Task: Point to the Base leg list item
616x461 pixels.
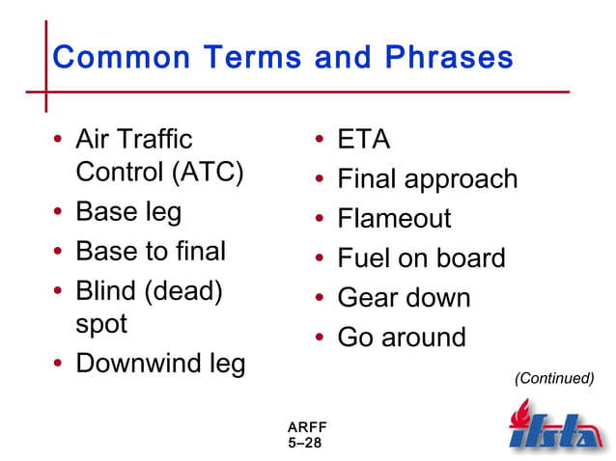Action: pyautogui.click(x=128, y=212)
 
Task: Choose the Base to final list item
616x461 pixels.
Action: pyautogui.click(x=151, y=252)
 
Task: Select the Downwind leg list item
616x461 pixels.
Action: pyautogui.click(x=160, y=364)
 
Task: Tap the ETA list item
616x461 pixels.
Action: pyautogui.click(x=364, y=141)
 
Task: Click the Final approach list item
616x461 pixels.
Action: pyautogui.click(x=428, y=179)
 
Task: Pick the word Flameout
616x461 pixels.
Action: pyautogui.click(x=394, y=219)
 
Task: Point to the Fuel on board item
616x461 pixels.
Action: pyautogui.click(x=421, y=258)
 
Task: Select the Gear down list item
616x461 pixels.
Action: pyautogui.click(x=404, y=298)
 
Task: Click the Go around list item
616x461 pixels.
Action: pyautogui.click(x=402, y=338)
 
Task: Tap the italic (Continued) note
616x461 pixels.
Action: pyautogui.click(x=554, y=378)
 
